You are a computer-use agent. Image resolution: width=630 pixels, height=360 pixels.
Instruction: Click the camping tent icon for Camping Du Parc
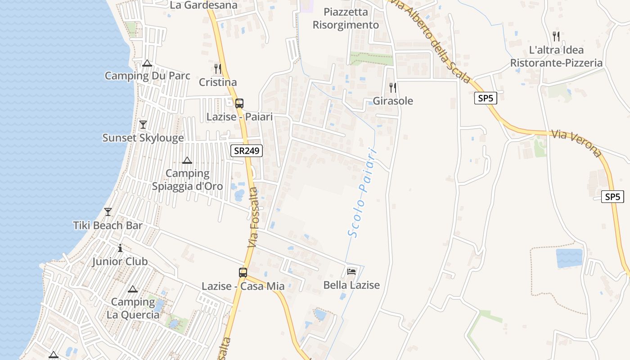tap(147, 63)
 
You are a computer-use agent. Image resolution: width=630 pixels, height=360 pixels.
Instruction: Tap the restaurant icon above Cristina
tap(218, 69)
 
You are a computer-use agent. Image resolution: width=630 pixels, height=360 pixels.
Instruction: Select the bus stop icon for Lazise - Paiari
tap(239, 103)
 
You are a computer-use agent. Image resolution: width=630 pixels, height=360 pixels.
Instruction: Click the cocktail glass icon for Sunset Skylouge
tap(143, 125)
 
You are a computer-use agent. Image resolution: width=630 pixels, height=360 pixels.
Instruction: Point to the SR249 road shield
tap(247, 151)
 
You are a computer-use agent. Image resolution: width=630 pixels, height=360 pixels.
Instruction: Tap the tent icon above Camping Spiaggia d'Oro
tap(187, 160)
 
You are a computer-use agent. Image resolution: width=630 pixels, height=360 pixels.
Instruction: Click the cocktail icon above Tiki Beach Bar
tap(108, 212)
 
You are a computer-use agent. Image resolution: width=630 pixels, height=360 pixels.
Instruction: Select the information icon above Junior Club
tap(120, 248)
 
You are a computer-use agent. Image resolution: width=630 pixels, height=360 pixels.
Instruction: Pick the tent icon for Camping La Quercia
tap(132, 289)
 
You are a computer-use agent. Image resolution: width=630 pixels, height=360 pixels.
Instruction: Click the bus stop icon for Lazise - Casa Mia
tap(243, 272)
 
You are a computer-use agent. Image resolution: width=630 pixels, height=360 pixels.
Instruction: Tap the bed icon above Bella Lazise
tap(351, 271)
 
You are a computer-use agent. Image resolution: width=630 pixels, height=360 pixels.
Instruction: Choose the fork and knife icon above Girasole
tap(393, 87)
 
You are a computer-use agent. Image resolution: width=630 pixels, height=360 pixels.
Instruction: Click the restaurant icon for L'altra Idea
tap(556, 36)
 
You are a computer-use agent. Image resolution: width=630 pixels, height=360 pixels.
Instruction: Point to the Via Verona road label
tap(576, 144)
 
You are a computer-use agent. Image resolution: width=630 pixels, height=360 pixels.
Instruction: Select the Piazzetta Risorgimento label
tap(346, 18)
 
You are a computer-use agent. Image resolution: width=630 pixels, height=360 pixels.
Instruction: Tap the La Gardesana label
tap(204, 5)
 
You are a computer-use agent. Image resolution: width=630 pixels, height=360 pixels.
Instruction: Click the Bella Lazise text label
tap(351, 285)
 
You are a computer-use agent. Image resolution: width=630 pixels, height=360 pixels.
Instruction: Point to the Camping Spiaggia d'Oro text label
tap(188, 180)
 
